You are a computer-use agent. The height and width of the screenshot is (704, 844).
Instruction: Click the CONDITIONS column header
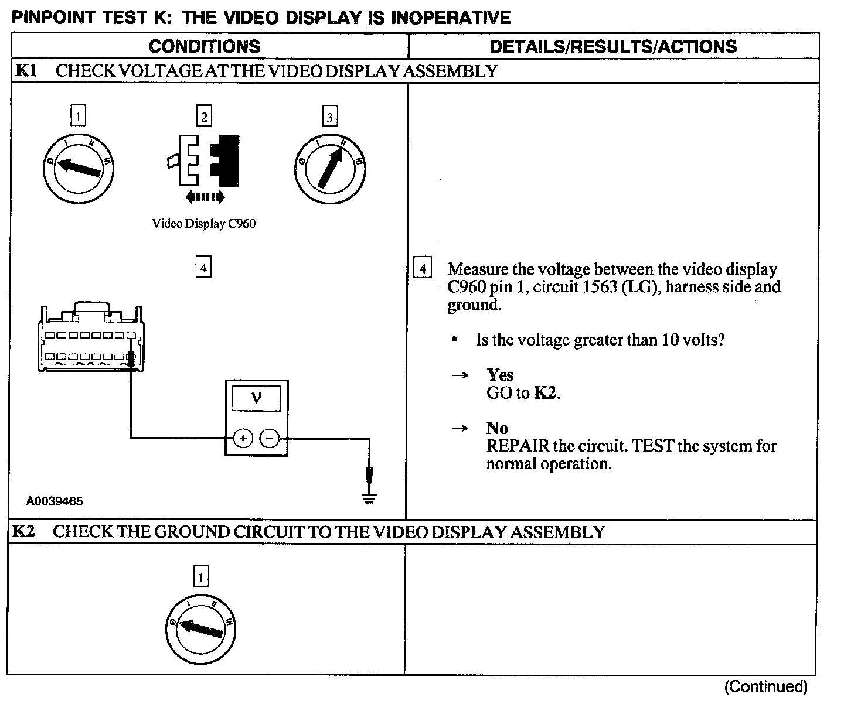pyautogui.click(x=204, y=47)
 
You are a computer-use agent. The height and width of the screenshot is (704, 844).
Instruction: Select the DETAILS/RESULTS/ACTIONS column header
pyautogui.click(x=613, y=47)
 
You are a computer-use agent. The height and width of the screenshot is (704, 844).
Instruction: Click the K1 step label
pyautogui.click(x=26, y=71)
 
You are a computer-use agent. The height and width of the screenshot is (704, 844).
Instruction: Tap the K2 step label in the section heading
pyautogui.click(x=24, y=532)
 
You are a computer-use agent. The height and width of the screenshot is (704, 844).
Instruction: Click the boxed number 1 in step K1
pyautogui.click(x=78, y=115)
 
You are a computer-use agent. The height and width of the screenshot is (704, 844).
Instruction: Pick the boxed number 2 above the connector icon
pyautogui.click(x=203, y=116)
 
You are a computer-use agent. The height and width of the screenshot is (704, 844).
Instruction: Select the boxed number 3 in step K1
pyautogui.click(x=330, y=117)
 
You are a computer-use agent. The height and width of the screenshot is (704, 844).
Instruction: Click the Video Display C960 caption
pyautogui.click(x=204, y=224)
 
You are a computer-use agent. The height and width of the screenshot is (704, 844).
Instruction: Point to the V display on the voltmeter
pyautogui.click(x=257, y=399)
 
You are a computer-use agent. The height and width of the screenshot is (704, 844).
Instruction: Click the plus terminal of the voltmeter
pyautogui.click(x=243, y=438)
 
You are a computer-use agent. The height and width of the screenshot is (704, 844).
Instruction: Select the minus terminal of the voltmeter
pyautogui.click(x=270, y=438)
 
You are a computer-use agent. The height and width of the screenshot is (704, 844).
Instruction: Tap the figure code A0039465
pyautogui.click(x=55, y=501)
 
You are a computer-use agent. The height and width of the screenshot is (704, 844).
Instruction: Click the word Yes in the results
pyautogui.click(x=499, y=375)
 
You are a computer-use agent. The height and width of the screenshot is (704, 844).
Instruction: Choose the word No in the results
pyautogui.click(x=497, y=428)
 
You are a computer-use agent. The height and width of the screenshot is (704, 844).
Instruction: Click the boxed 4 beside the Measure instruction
pyautogui.click(x=422, y=269)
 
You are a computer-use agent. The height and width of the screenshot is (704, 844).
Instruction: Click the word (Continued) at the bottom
pyautogui.click(x=765, y=686)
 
